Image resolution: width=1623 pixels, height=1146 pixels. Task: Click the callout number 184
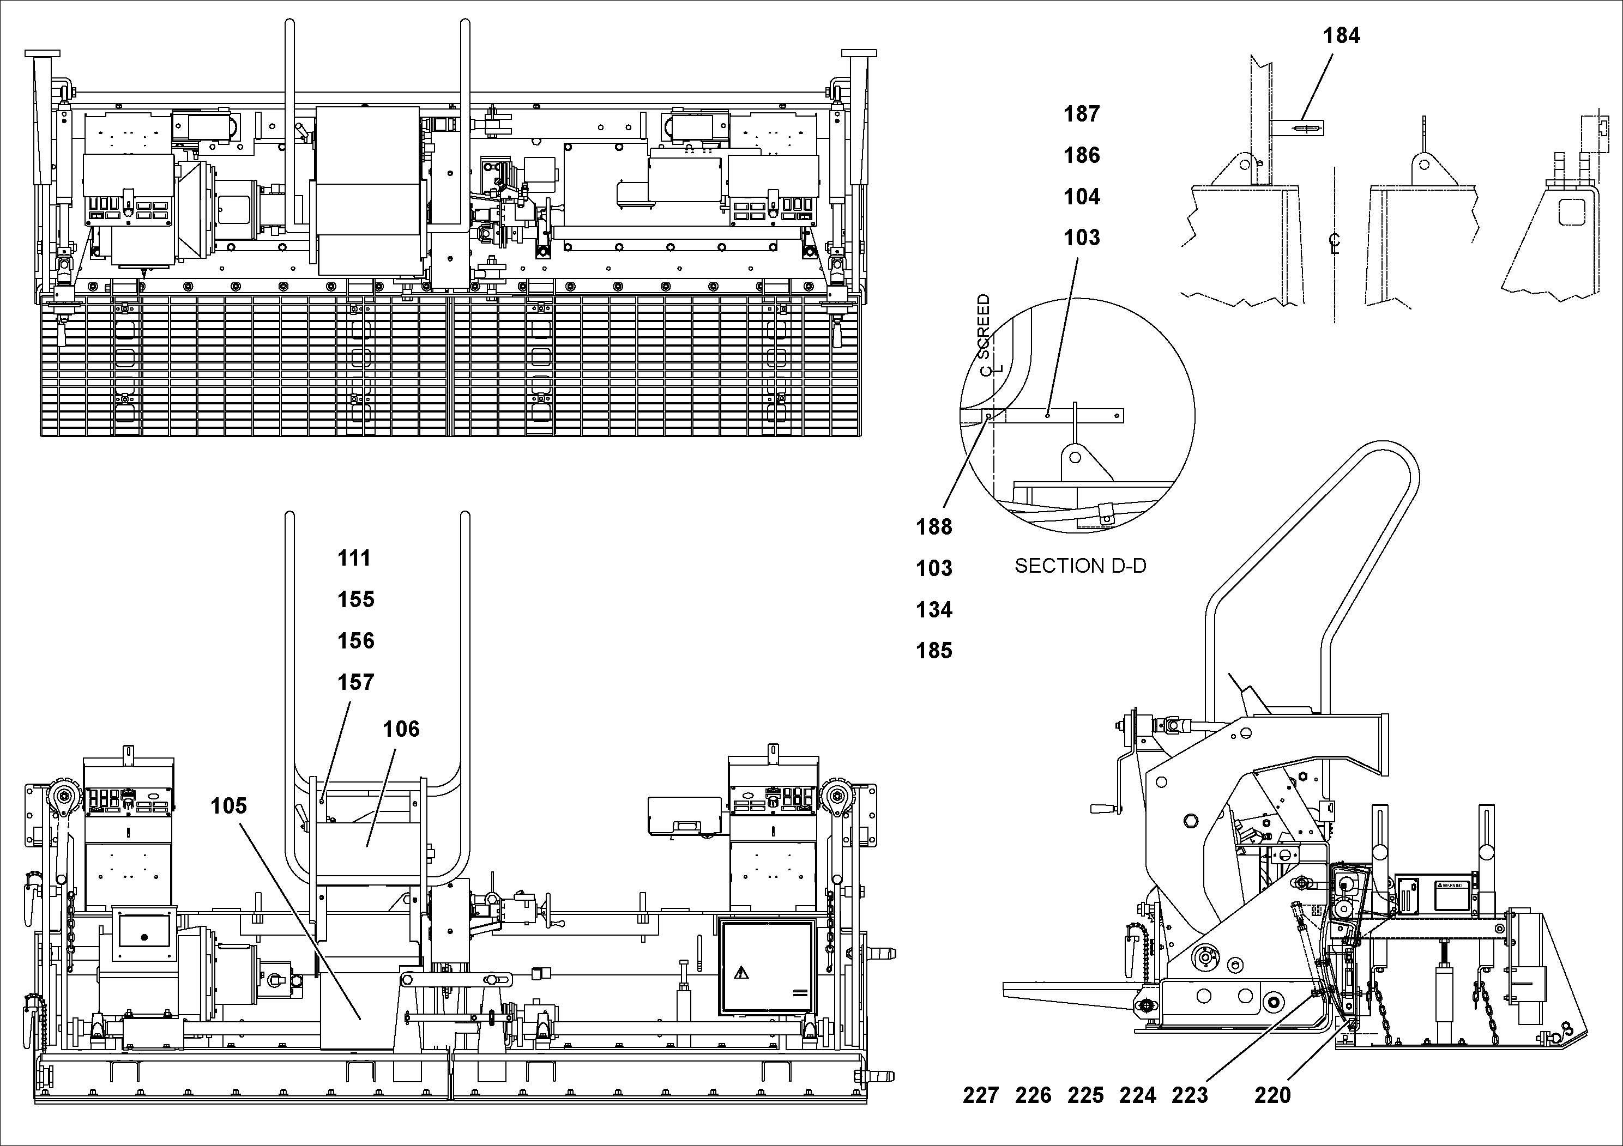click(1341, 35)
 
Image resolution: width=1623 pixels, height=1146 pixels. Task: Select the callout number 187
click(1082, 114)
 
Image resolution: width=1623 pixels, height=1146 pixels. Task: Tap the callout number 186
click(1082, 155)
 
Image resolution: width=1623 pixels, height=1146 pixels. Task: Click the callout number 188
click(934, 527)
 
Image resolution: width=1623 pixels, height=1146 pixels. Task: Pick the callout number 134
click(934, 610)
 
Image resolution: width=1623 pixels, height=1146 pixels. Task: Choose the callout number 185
click(934, 651)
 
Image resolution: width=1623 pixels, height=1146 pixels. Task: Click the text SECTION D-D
click(1080, 566)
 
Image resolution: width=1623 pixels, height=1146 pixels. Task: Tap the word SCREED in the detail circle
click(984, 326)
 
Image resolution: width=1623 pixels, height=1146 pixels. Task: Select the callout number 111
click(354, 558)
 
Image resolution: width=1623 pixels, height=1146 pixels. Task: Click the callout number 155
click(355, 600)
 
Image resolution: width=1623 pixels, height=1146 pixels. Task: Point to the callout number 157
click(355, 682)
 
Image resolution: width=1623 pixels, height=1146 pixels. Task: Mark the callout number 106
click(401, 729)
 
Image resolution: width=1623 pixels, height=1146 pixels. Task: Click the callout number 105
click(228, 805)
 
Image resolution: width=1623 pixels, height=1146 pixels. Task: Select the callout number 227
click(980, 1096)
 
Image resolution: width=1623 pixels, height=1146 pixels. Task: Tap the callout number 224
click(1137, 1096)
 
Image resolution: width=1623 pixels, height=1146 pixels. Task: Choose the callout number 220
click(1272, 1096)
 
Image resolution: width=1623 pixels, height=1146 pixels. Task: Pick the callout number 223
click(1190, 1096)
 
